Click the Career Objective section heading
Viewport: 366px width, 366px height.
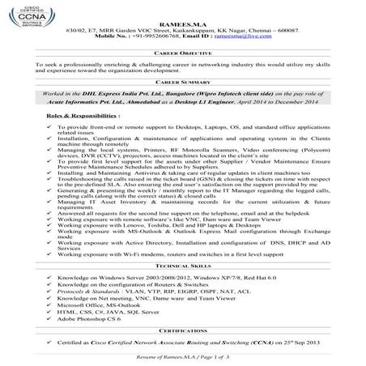tap(183, 50)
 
